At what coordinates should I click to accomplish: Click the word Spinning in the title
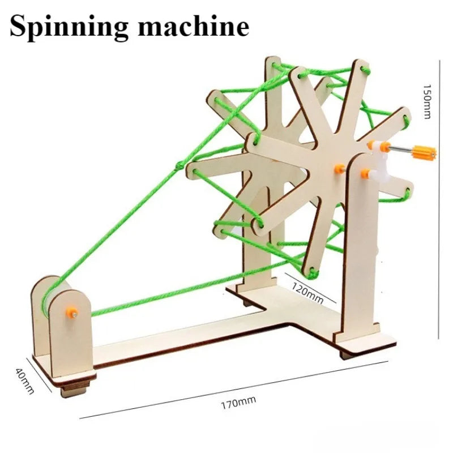69,27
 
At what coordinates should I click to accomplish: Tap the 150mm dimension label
427,101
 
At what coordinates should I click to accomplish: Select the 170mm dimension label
238,403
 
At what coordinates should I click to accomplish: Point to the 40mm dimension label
25,381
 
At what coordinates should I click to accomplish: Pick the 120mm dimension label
307,293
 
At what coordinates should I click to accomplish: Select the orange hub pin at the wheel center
339,169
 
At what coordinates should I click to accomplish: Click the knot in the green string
180,165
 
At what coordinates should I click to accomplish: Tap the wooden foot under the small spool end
74,390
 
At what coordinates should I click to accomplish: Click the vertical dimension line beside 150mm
439,199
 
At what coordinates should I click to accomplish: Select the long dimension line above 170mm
234,390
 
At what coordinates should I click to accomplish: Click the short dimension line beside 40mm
39,375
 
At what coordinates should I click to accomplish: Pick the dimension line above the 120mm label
310,288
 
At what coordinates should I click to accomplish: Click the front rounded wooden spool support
70,332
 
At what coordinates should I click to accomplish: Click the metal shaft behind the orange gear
402,149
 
